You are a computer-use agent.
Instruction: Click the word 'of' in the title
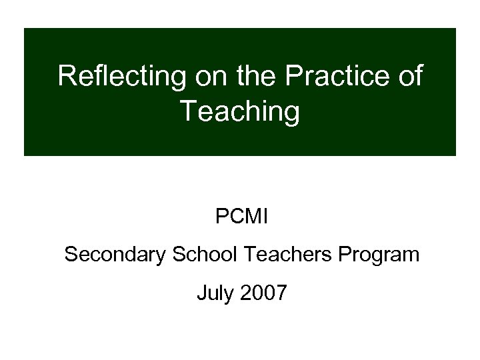coord(408,77)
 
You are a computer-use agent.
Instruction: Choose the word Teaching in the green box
coord(240,112)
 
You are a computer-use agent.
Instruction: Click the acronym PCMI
coord(240,217)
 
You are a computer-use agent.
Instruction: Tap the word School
coord(209,255)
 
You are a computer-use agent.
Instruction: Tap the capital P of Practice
coord(293,77)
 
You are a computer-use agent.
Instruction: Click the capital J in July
coord(201,293)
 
